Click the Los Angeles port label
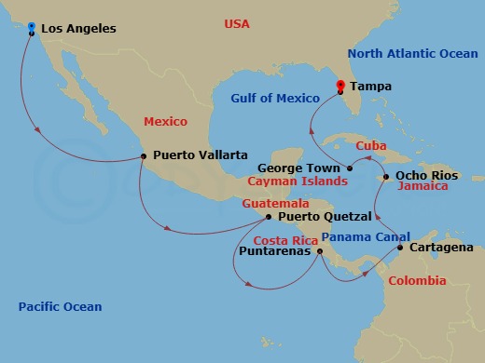78,29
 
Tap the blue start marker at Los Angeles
32,27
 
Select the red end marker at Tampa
339,87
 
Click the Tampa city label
371,87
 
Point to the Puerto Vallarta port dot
142,156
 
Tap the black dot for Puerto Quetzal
269,218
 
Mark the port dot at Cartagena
400,248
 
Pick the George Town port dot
349,168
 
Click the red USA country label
237,23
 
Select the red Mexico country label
165,121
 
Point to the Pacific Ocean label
60,306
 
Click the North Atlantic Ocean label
411,54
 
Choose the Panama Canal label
359,236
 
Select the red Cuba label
371,145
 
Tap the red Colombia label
417,280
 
